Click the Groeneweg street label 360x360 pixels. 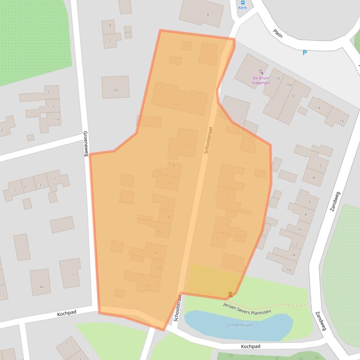86,143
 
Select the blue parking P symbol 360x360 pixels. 305,53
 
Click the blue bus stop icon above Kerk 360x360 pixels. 242,2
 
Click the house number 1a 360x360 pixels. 57,119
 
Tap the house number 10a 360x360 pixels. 288,85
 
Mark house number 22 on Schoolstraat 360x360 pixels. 148,285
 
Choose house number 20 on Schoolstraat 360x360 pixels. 159,267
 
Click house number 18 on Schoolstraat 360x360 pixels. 154,253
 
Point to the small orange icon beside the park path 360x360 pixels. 230,294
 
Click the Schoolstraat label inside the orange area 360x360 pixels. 208,140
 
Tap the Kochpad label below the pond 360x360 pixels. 250,346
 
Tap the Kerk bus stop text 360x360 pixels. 242,8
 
